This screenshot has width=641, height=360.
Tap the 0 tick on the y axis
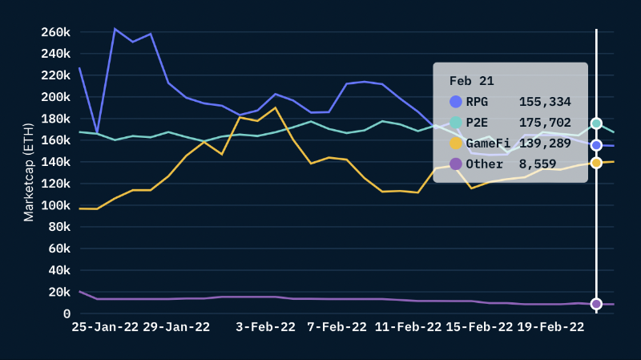[66, 313]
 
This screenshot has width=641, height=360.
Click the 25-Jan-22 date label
[104, 327]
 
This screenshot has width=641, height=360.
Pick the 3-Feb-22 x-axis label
[260, 327]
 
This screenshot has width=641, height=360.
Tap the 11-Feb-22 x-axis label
[408, 327]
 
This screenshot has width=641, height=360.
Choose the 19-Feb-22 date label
[550, 327]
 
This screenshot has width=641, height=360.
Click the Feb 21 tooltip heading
[471, 81]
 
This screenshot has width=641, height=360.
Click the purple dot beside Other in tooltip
[456, 164]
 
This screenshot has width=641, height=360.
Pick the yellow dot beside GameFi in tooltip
[456, 144]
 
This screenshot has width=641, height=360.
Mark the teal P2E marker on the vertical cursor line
[596, 123]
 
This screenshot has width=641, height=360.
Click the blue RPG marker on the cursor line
[596, 145]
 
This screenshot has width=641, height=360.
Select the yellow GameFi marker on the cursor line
[596, 163]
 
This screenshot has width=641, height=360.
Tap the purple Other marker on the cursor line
[596, 304]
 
